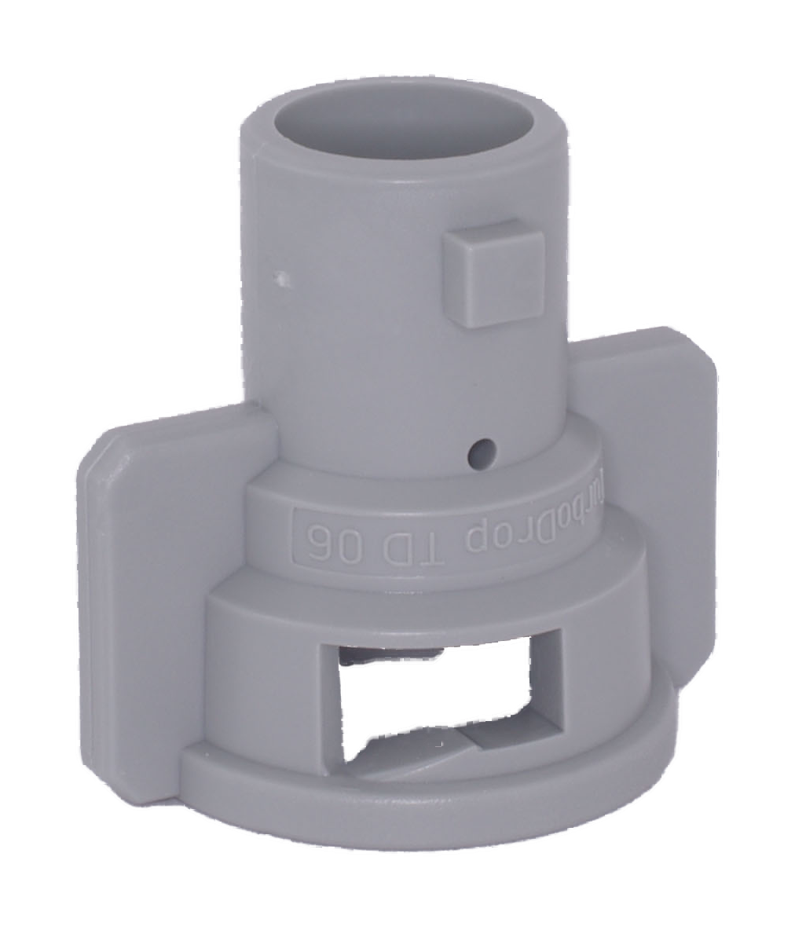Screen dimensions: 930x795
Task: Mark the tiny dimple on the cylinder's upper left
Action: coord(280,277)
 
